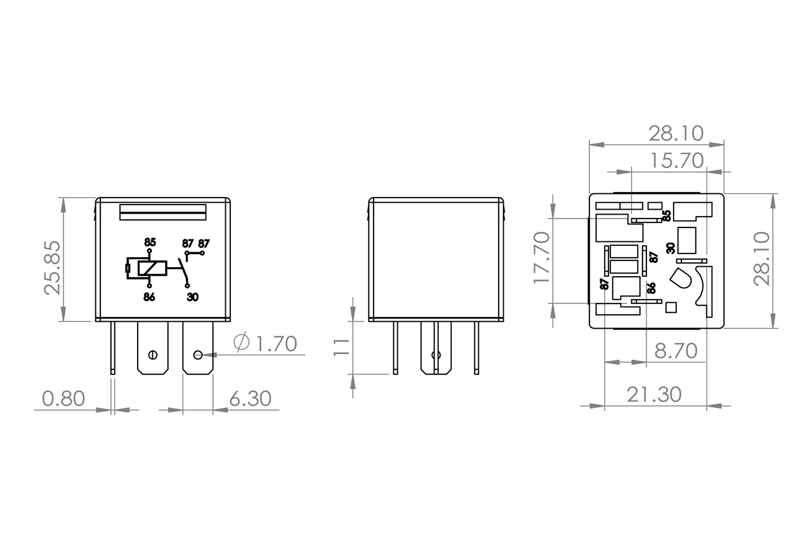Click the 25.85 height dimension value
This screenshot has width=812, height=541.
click(x=53, y=267)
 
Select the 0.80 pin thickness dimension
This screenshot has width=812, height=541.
click(x=63, y=398)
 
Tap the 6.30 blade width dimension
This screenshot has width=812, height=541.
click(x=250, y=398)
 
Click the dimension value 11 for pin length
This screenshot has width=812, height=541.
click(x=342, y=347)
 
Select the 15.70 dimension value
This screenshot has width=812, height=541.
click(x=677, y=160)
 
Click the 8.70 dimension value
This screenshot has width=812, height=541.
click(x=676, y=350)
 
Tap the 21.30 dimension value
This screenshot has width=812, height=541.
click(x=654, y=394)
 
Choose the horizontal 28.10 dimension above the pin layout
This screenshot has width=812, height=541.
click(x=676, y=133)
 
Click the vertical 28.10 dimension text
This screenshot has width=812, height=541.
click(x=761, y=258)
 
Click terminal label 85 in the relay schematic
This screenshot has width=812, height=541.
click(x=150, y=243)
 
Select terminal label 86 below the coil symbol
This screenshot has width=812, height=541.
click(x=149, y=297)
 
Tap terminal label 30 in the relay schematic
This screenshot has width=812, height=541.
click(x=192, y=297)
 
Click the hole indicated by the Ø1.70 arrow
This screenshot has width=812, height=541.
click(x=198, y=354)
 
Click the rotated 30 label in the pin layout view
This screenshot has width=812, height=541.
click(x=670, y=248)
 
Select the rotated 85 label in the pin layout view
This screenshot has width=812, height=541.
click(x=666, y=215)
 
